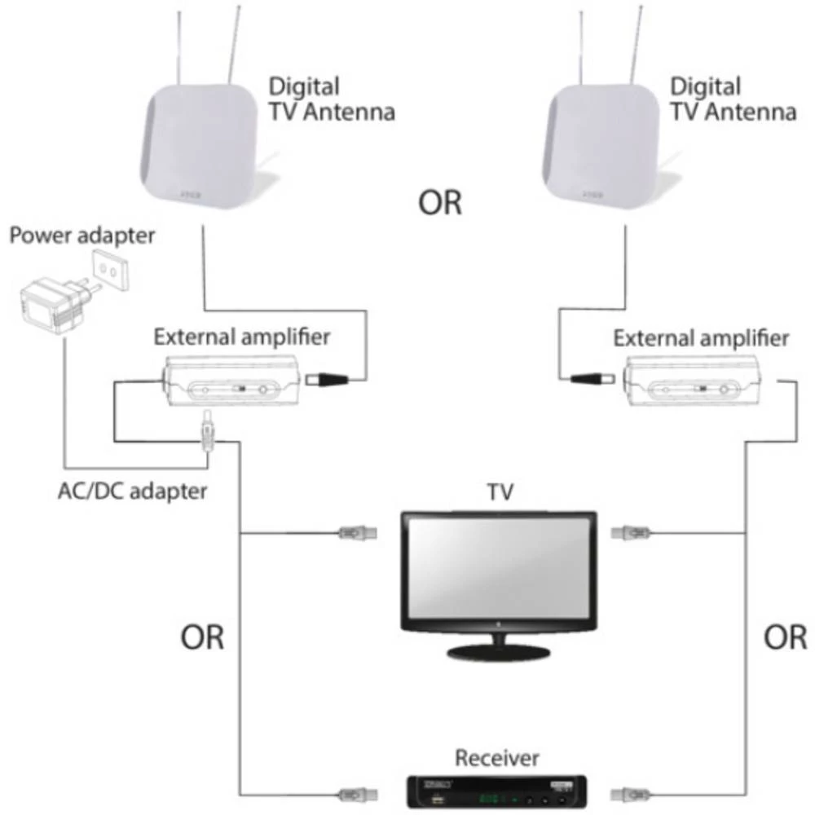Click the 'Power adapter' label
click(81, 236)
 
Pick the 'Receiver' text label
click(497, 758)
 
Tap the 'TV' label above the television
click(498, 494)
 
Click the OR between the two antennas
click(440, 203)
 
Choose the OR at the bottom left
click(202, 637)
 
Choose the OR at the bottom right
click(786, 637)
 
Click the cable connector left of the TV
click(358, 534)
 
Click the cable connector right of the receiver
click(631, 793)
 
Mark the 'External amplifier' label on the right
click(701, 337)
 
